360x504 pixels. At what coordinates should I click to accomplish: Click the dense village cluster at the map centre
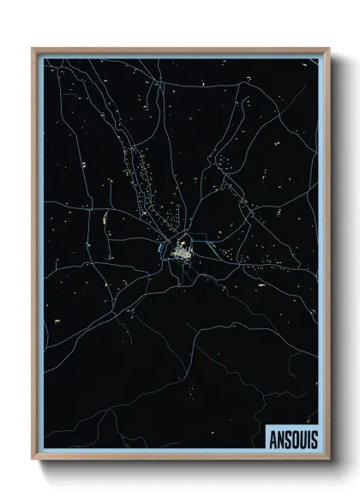point(182,252)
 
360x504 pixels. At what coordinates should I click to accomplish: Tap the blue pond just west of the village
point(160,249)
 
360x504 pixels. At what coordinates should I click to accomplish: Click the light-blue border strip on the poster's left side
point(39,257)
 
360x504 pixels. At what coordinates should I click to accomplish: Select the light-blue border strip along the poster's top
point(180,55)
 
